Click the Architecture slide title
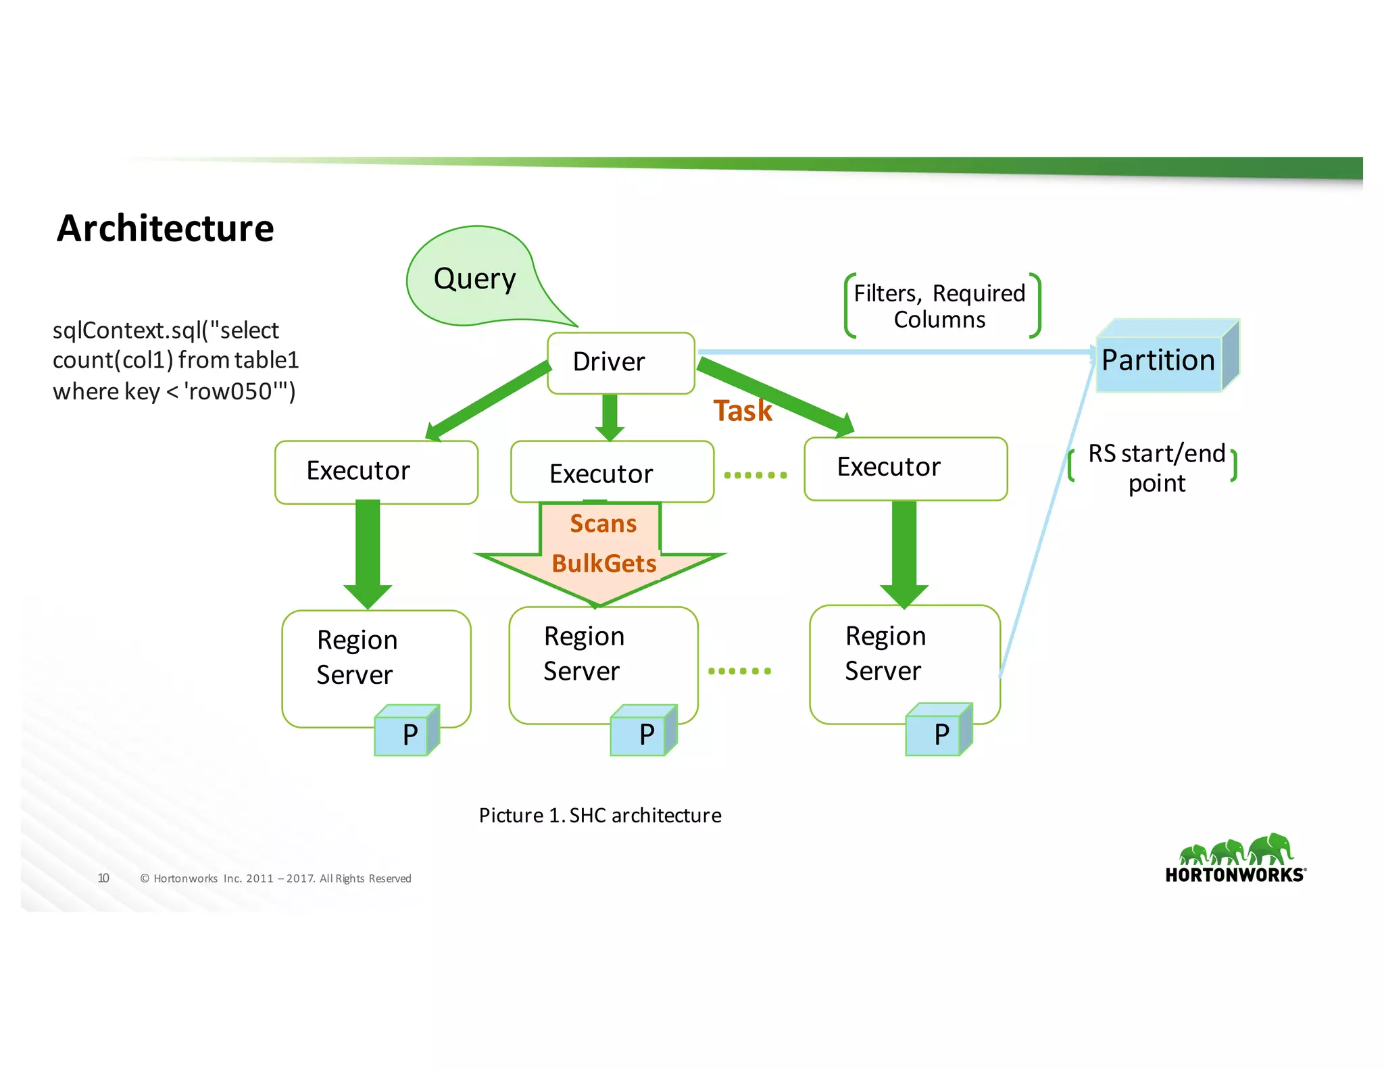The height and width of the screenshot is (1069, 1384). click(165, 228)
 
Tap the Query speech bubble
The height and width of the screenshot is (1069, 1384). click(474, 278)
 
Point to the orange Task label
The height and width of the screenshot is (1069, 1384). click(742, 411)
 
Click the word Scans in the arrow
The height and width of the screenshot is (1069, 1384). click(603, 524)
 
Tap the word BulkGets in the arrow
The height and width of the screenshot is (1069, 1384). click(603, 564)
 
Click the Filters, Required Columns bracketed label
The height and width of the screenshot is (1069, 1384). click(941, 306)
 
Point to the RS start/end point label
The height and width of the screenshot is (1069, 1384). click(1156, 468)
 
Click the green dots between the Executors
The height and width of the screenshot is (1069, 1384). click(756, 475)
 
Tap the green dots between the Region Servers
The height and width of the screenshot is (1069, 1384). click(739, 671)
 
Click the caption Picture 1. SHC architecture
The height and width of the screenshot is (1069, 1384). click(600, 816)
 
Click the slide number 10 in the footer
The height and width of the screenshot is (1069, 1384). click(103, 878)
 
